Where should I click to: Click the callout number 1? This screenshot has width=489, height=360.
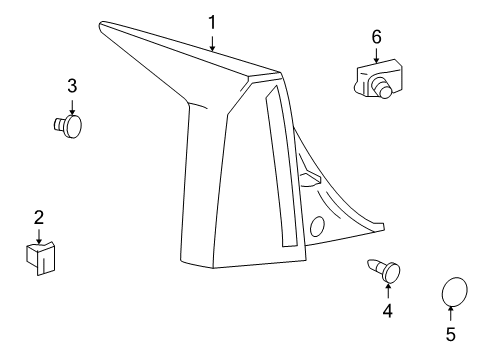(x=212, y=21)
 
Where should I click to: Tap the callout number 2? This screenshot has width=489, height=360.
(x=38, y=217)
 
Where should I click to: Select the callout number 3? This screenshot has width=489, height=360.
(x=72, y=87)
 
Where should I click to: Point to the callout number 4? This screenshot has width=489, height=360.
(x=387, y=311)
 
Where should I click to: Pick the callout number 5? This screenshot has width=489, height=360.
(x=450, y=333)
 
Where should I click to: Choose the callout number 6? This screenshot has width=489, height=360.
(x=376, y=36)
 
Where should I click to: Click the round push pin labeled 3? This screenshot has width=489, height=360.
(x=69, y=125)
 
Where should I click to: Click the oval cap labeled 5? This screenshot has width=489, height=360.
(x=455, y=292)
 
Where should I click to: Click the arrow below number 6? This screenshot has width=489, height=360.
(x=376, y=54)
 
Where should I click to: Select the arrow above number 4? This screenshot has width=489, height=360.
(x=387, y=290)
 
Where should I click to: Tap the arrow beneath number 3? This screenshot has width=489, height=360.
(x=72, y=105)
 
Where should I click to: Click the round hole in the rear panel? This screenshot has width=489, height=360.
(x=318, y=225)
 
